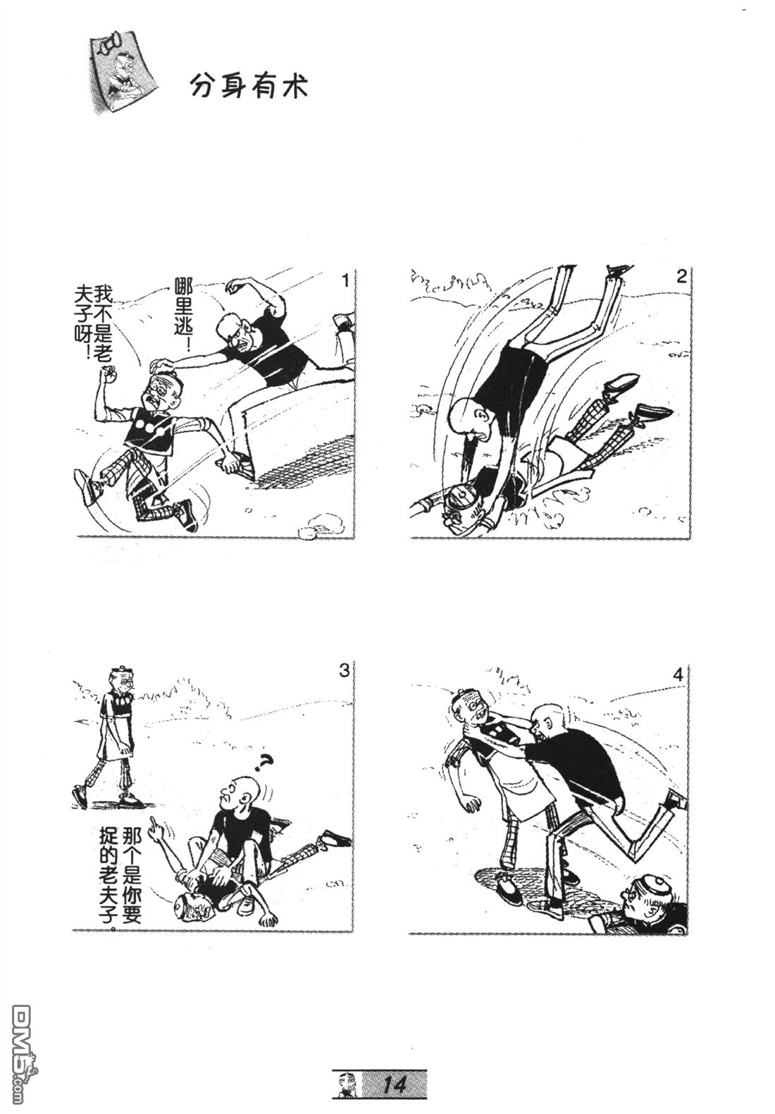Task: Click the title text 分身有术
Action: tap(249, 88)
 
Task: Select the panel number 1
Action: tap(346, 281)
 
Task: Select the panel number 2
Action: tap(681, 276)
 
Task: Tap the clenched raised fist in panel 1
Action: tap(108, 373)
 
